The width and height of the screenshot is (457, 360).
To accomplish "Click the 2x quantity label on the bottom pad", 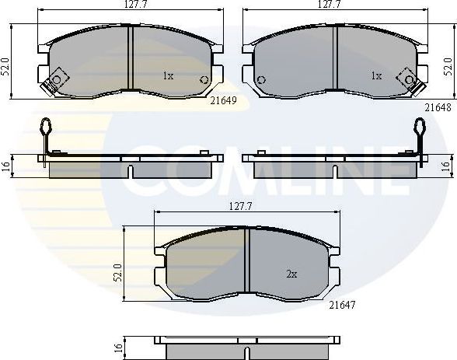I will [x=291, y=274].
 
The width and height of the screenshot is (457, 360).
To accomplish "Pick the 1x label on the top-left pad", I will [x=167, y=76].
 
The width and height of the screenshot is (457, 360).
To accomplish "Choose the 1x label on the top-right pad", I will [x=376, y=76].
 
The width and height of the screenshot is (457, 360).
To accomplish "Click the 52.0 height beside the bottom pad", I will [x=117, y=273].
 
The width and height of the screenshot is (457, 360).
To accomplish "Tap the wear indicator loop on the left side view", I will [x=47, y=127].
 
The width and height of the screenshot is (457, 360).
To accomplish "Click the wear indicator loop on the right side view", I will [x=420, y=127].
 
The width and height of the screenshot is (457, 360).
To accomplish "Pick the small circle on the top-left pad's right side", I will [x=204, y=79].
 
